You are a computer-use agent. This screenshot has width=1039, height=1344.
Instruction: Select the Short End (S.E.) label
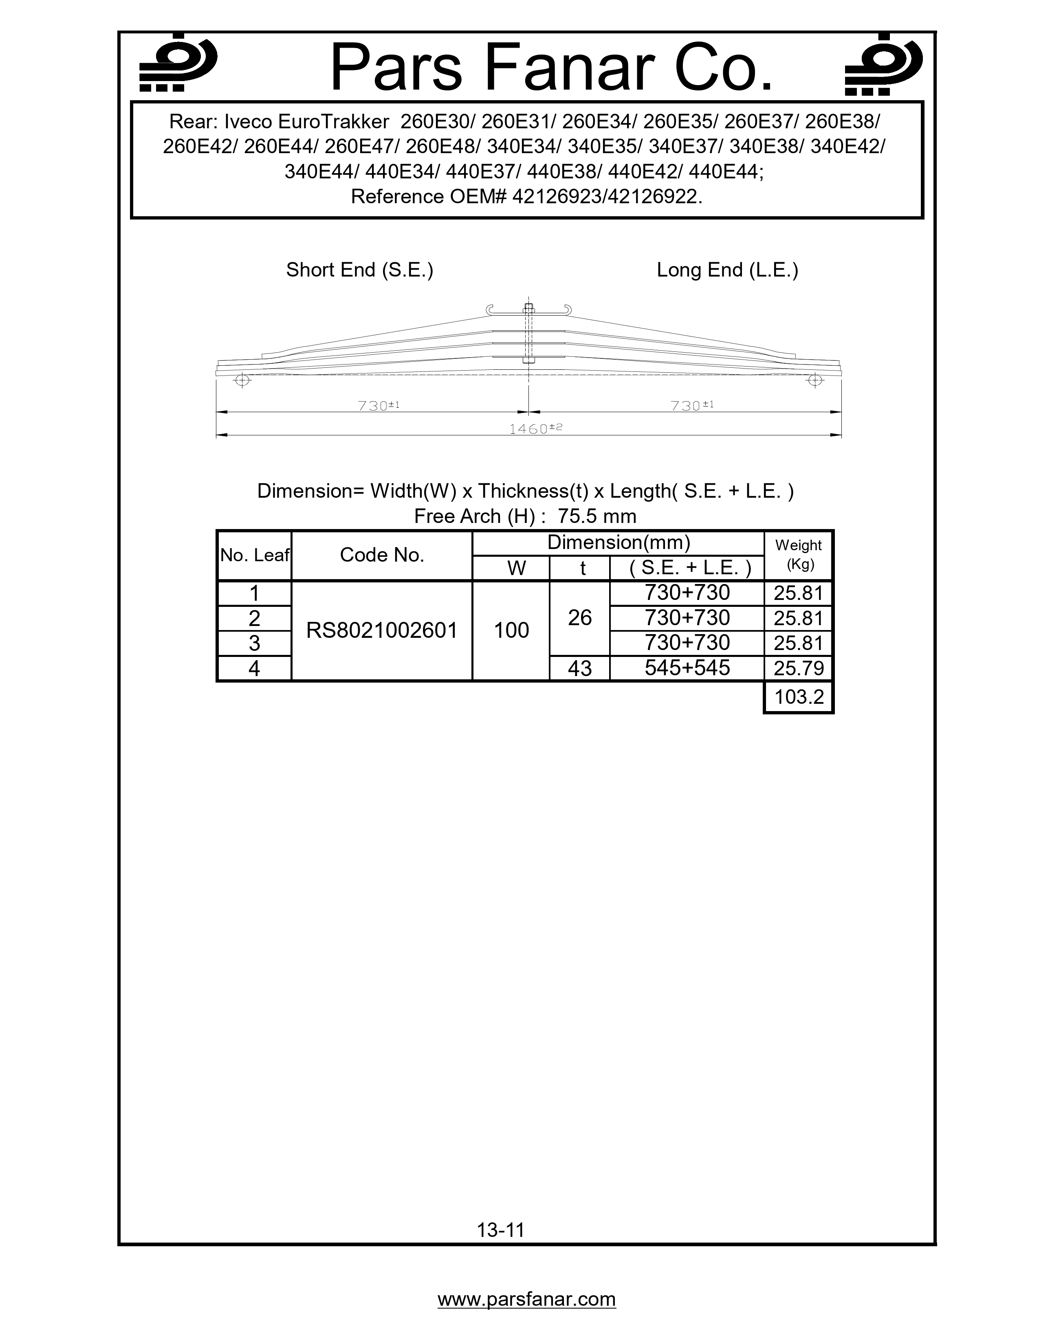tap(359, 270)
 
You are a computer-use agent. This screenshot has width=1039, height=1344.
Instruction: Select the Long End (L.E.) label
tap(727, 270)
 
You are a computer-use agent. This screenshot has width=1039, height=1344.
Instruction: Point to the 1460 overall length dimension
tap(535, 428)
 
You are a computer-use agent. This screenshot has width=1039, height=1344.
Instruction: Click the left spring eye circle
tap(242, 380)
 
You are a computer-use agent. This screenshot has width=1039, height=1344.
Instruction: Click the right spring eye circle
tap(815, 380)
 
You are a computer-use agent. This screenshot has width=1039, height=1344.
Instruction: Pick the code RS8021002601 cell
tap(382, 630)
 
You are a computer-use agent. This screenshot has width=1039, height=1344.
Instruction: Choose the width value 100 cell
tap(511, 630)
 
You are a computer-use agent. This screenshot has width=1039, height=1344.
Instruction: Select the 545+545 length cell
tap(687, 668)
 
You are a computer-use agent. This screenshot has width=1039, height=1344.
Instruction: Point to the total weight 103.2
tap(798, 697)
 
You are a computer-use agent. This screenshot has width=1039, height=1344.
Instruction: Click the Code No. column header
tap(382, 555)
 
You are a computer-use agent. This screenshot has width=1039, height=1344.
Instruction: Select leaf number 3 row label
tap(254, 643)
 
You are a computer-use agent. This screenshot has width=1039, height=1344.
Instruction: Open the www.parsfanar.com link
tap(526, 1299)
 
